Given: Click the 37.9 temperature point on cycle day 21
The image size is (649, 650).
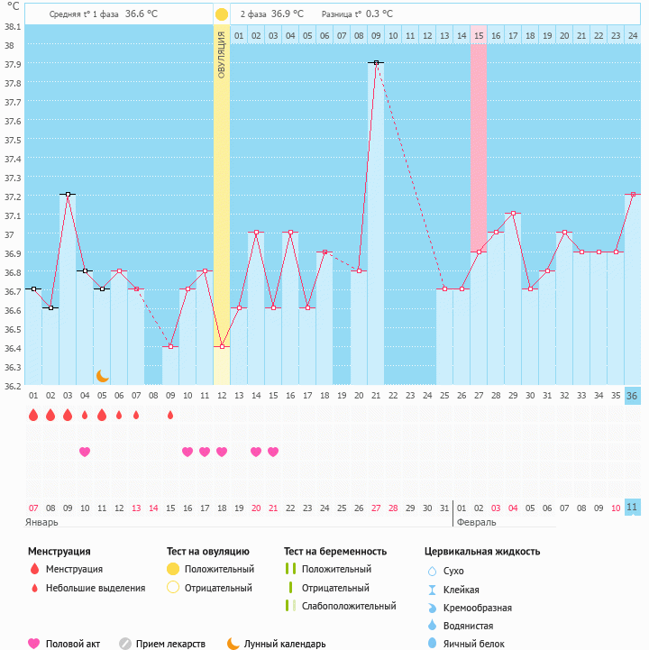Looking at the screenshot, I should [x=376, y=62].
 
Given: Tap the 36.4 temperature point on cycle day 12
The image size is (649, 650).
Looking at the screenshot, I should [x=222, y=347].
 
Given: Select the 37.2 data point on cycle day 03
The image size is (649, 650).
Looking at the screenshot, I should [x=67, y=194].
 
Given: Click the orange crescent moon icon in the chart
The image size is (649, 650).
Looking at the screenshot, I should [x=102, y=375].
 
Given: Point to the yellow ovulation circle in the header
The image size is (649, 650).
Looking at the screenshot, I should [x=222, y=14].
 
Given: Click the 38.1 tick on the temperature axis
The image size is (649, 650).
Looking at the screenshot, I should [x=13, y=26].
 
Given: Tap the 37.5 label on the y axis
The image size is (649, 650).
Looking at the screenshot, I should [x=13, y=141].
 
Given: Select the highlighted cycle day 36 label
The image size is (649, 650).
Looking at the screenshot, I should [x=632, y=396].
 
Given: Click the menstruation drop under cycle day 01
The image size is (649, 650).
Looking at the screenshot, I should [x=33, y=415].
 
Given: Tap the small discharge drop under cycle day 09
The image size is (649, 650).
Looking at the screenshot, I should [x=170, y=415].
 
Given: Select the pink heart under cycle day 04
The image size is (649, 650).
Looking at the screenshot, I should [x=85, y=452].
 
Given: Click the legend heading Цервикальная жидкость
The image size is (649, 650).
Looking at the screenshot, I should [x=482, y=551].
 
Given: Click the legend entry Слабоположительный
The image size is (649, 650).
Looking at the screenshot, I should [x=349, y=606].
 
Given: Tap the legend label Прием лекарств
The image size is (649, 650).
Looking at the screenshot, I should [x=170, y=644].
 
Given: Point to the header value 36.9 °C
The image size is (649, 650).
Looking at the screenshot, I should [x=287, y=14].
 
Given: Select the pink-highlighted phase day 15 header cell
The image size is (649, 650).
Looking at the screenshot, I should [x=479, y=35].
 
